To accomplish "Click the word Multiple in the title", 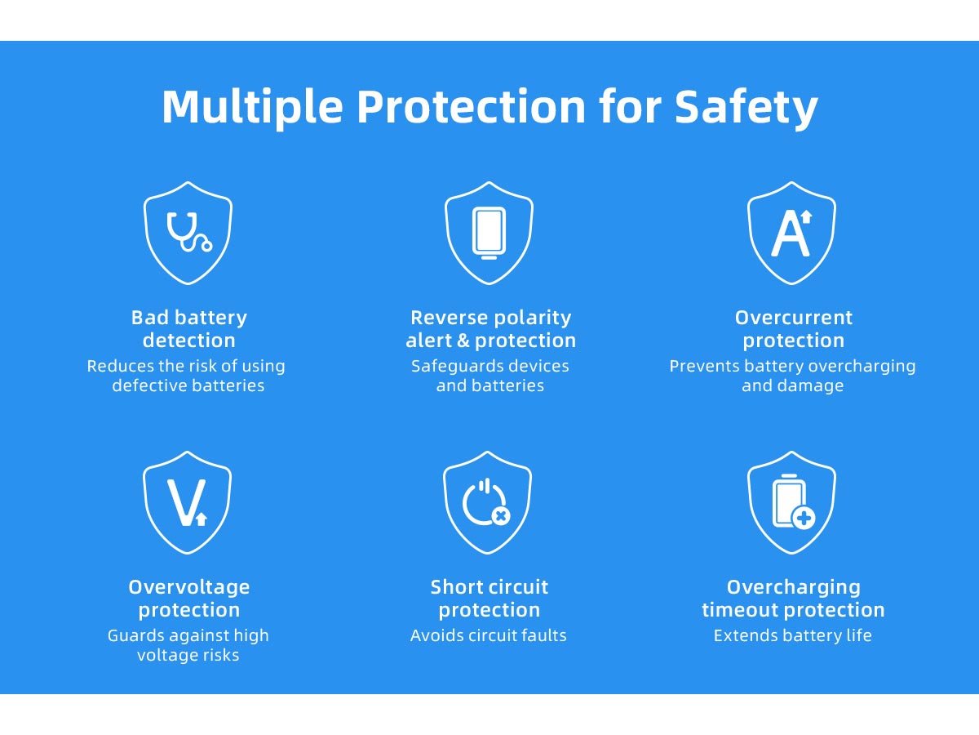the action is [252, 107].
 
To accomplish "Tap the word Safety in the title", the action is [746, 107].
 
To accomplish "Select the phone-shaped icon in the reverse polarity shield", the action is [489, 233].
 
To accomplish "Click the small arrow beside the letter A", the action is [806, 217].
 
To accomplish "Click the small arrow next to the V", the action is [202, 519].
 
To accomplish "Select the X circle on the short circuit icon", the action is [501, 516].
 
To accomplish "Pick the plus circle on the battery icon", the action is [804, 519].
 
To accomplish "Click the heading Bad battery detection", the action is [188, 329].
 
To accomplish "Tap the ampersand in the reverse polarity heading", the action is [463, 341].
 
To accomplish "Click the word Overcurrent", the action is [794, 318].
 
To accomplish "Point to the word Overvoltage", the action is [188, 587].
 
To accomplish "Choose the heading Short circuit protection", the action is [489, 599].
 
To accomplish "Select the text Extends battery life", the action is [792, 635].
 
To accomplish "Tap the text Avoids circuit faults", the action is [489, 635].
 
